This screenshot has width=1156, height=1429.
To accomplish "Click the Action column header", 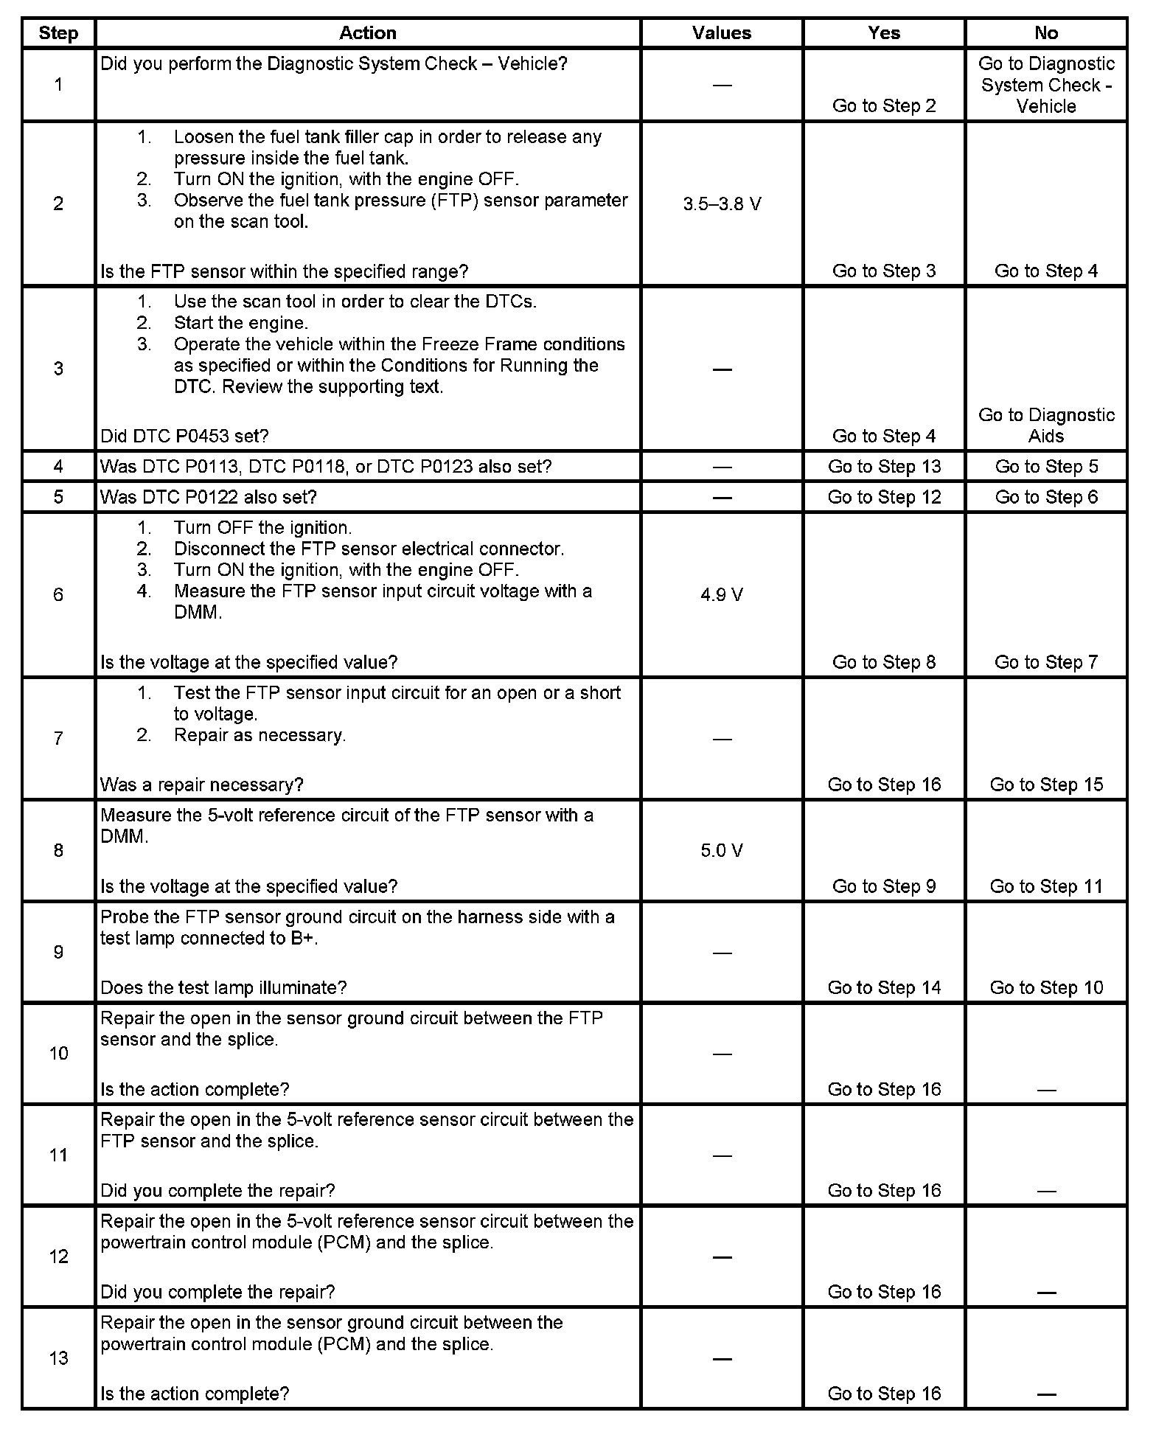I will pyautogui.click(x=367, y=33).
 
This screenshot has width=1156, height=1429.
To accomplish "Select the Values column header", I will pyautogui.click(x=722, y=33).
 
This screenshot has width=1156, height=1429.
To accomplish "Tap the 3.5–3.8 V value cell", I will pyautogui.click(x=722, y=204).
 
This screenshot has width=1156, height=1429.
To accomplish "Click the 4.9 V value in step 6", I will pyautogui.click(x=722, y=595).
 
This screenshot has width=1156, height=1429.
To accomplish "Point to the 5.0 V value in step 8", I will pyautogui.click(x=722, y=851).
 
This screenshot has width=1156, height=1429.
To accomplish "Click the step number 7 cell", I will pyautogui.click(x=58, y=738).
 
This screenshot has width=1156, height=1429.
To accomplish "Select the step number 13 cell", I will pyautogui.click(x=58, y=1358).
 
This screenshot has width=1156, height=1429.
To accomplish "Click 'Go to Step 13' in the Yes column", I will pyautogui.click(x=884, y=467).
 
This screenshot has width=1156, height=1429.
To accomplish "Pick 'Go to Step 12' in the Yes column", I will pyautogui.click(x=884, y=497).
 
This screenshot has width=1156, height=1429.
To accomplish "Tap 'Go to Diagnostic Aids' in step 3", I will pyautogui.click(x=1046, y=425).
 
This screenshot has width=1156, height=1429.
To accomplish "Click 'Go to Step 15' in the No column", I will pyautogui.click(x=1046, y=785).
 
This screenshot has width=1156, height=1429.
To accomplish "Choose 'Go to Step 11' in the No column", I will pyautogui.click(x=1046, y=886).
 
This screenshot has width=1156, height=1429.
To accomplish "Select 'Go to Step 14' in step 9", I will pyautogui.click(x=884, y=988).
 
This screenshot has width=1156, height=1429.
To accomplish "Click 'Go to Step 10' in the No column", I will pyautogui.click(x=1046, y=988).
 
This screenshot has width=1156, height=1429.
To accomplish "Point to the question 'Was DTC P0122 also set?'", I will pyautogui.click(x=209, y=497).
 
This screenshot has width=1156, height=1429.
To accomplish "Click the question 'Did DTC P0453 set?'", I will pyautogui.click(x=184, y=437).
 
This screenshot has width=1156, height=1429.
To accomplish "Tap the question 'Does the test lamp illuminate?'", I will pyautogui.click(x=223, y=988).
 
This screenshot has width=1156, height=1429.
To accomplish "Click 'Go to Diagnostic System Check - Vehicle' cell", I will pyautogui.click(x=1046, y=85).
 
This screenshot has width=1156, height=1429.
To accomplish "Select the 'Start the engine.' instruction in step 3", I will pyautogui.click(x=241, y=323).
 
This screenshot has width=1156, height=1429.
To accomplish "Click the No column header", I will pyautogui.click(x=1046, y=33).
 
